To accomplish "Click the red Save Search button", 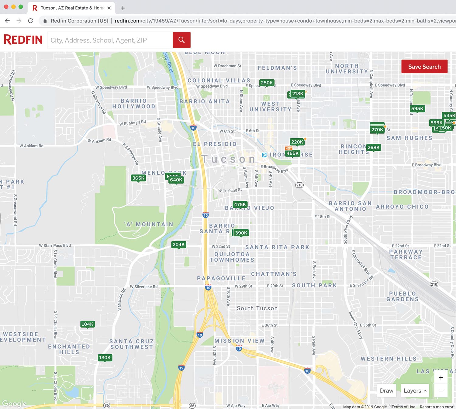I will (424, 67).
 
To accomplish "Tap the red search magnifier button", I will (181, 40).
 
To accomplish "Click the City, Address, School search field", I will (110, 40).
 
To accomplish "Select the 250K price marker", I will (267, 83).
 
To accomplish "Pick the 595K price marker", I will (417, 108).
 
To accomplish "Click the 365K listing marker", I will (138, 178).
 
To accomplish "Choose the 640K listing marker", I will (176, 180).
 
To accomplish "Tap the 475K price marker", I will (240, 204).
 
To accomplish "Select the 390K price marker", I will (241, 233).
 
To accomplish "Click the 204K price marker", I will (178, 245).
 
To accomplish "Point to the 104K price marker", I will (88, 324).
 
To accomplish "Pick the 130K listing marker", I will (105, 358).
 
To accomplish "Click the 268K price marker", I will (374, 147).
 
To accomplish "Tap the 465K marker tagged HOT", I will (292, 153).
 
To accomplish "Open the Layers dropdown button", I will (415, 391).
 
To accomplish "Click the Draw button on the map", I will (386, 391).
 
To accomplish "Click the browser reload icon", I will (31, 21).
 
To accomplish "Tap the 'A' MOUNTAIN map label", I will (149, 224).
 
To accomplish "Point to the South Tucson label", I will (257, 308).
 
